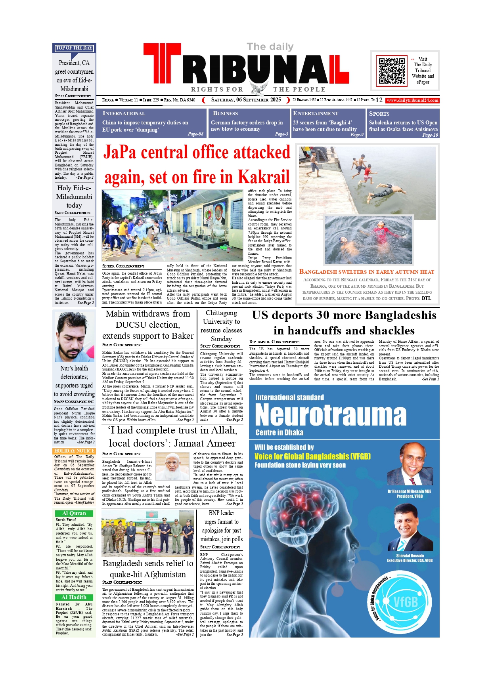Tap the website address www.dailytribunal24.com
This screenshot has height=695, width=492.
click(x=412, y=100)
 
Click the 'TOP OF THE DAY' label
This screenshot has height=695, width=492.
click(x=74, y=48)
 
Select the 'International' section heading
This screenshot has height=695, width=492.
click(x=124, y=113)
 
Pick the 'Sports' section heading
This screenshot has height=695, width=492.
click(x=379, y=113)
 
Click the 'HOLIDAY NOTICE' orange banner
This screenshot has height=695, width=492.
click(x=74, y=451)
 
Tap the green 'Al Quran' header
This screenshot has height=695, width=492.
click(x=74, y=513)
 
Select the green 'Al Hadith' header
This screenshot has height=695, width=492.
click(x=74, y=597)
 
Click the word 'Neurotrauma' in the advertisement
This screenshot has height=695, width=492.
click(x=331, y=415)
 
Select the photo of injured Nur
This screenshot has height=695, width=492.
click(x=74, y=337)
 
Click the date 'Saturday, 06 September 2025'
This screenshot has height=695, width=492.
click(x=246, y=100)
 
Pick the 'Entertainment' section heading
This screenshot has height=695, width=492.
click(x=316, y=113)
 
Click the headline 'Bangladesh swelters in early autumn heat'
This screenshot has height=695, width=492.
click(x=367, y=272)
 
